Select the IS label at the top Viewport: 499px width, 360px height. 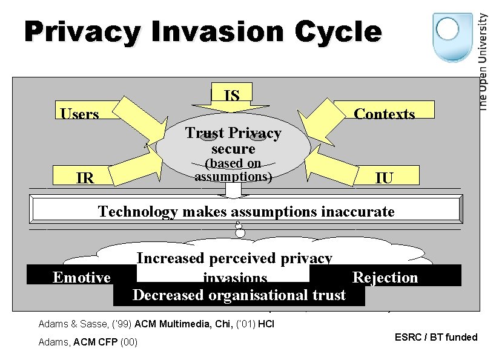pyautogui.click(x=231, y=95)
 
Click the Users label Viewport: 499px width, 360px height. pyautogui.click(x=79, y=114)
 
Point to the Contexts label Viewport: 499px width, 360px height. pyautogui.click(x=384, y=114)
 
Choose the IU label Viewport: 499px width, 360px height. pyautogui.click(x=383, y=177)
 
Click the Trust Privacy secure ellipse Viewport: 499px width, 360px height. pyautogui.click(x=233, y=140)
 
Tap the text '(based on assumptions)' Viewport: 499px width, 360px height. pyautogui.click(x=233, y=170)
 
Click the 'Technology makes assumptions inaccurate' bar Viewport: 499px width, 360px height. pyautogui.click(x=246, y=211)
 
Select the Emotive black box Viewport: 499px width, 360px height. pyautogui.click(x=82, y=277)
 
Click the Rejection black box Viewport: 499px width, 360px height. pyautogui.click(x=385, y=277)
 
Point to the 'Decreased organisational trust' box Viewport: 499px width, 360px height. pyautogui.click(x=239, y=295)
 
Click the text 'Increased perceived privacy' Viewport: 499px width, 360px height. pyautogui.click(x=234, y=258)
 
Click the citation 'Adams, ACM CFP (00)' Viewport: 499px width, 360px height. pyautogui.click(x=88, y=342)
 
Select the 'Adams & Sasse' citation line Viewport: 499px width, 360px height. pyautogui.click(x=156, y=324)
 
